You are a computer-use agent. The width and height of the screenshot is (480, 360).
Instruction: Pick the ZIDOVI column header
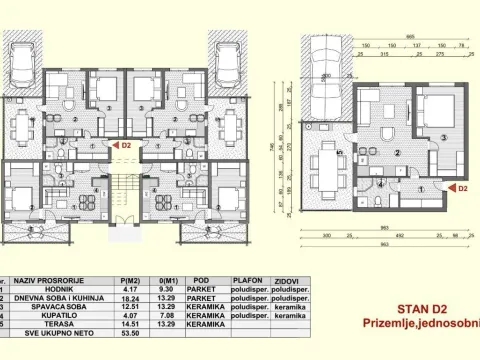point(290,282)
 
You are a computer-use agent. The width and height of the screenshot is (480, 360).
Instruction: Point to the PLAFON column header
point(246,282)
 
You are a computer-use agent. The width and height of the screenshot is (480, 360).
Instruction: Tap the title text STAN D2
point(427,309)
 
